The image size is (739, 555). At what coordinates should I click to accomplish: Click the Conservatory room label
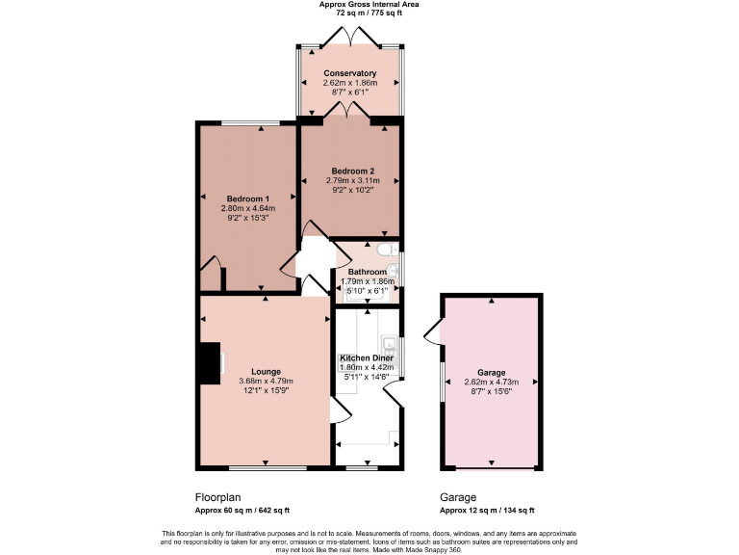pos(349,73)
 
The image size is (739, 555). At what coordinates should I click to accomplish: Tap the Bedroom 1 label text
pos(248,198)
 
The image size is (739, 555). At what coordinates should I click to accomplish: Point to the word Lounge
pos(267,371)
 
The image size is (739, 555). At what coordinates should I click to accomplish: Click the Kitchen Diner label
pos(368,357)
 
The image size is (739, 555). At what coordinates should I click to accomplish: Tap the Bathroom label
pos(367,272)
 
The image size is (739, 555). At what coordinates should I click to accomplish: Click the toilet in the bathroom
pos(389,251)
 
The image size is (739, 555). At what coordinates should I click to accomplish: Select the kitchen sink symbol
pos(390,344)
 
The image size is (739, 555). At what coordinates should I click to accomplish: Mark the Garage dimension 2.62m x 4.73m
pos(491,382)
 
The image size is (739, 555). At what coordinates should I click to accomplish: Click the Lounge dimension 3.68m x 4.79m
pos(267,382)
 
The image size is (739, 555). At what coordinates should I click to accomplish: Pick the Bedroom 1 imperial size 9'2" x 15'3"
pos(248,218)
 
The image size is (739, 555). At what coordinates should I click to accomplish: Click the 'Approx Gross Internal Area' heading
pos(369,5)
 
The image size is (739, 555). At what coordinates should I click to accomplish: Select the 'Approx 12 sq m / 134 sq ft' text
pos(487,511)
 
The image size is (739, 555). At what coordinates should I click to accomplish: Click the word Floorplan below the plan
pos(217,497)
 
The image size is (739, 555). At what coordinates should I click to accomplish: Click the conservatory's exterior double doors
pos(350,37)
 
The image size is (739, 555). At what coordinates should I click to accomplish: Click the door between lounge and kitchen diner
pos(338,412)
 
